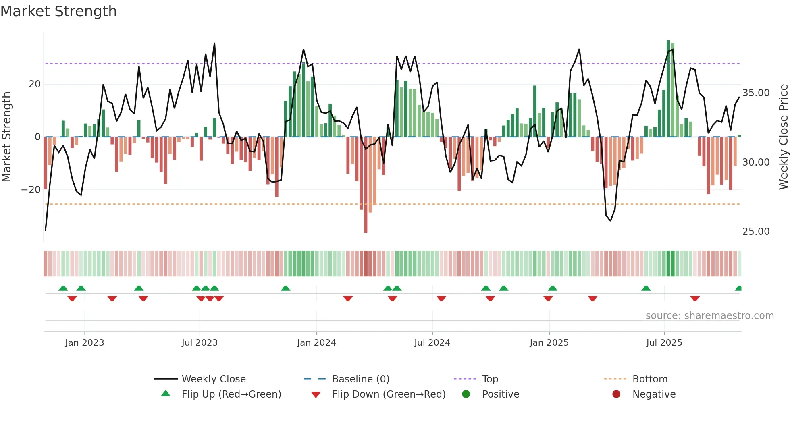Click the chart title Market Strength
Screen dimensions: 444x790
pyautogui.click(x=58, y=11)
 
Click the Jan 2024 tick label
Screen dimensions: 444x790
pyautogui.click(x=316, y=343)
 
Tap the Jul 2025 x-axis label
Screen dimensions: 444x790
pyautogui.click(x=664, y=343)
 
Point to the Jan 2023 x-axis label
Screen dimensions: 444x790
pyautogui.click(x=84, y=343)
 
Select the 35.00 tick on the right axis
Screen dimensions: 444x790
pyautogui.click(x=756, y=93)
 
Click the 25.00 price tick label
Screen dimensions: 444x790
pyautogui.click(x=756, y=232)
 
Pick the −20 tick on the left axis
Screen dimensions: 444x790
pyautogui.click(x=31, y=190)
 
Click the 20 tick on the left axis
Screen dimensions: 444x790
pyautogui.click(x=35, y=84)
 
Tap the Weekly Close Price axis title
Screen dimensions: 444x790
pyautogui.click(x=783, y=137)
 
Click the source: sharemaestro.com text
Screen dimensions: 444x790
pyautogui.click(x=709, y=316)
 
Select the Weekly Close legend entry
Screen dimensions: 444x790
pyautogui.click(x=213, y=379)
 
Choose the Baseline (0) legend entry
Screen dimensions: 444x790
pyautogui.click(x=360, y=379)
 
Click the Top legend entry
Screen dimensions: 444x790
pyautogui.click(x=490, y=379)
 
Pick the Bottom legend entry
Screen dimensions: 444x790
pyautogui.click(x=650, y=379)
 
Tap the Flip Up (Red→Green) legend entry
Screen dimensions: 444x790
pyautogui.click(x=231, y=394)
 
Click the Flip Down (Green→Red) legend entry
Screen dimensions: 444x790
pyautogui.click(x=389, y=394)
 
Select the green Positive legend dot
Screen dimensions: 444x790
pyautogui.click(x=466, y=394)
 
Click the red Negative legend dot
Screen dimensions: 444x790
pyautogui.click(x=616, y=394)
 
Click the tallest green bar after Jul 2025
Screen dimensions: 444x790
pyautogui.click(x=668, y=89)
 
